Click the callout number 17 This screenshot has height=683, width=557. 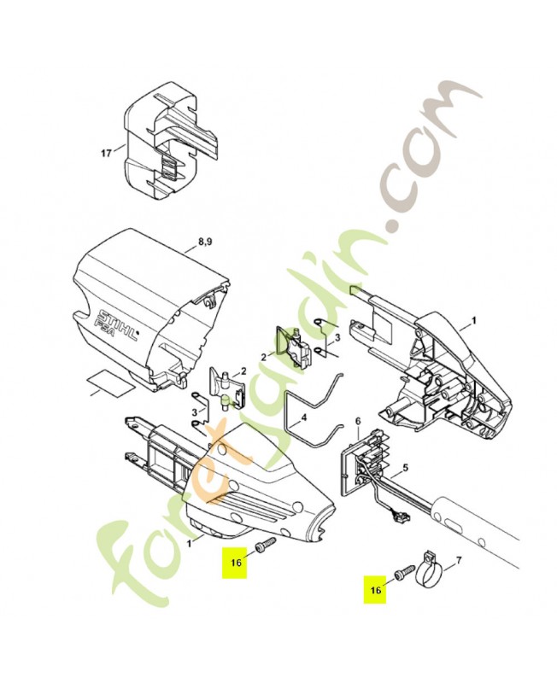(x=106, y=155)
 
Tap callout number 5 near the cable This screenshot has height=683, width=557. (x=405, y=468)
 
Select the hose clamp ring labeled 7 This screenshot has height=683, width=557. (x=431, y=571)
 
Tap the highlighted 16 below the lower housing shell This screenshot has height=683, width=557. (x=235, y=562)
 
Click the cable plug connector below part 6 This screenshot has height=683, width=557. (x=398, y=515)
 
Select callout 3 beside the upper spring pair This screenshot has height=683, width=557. (x=336, y=338)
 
